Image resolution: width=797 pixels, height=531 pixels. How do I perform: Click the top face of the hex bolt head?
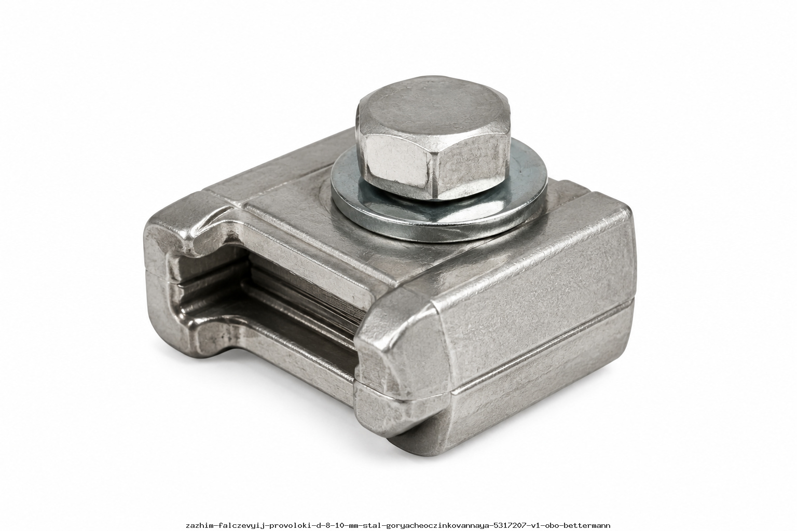click(x=434, y=107)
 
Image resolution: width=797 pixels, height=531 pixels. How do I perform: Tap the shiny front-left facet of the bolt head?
click(x=397, y=163)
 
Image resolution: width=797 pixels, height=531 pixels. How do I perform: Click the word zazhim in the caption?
click(x=199, y=525)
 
